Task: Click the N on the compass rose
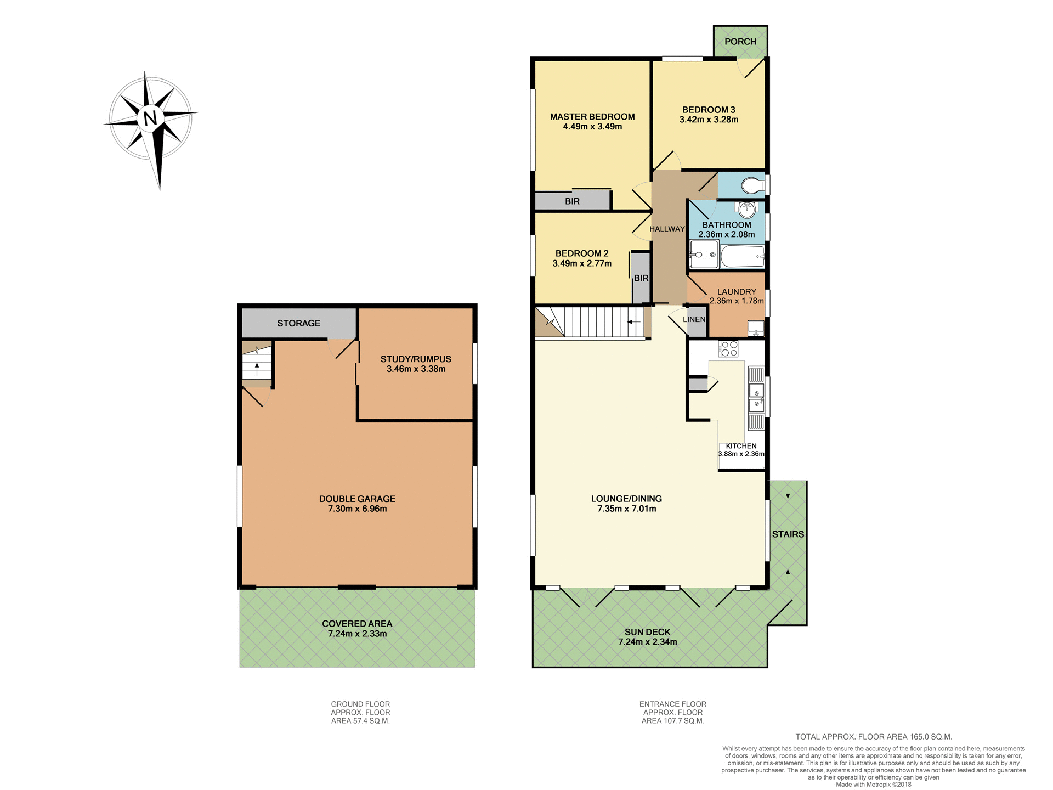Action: click(x=150, y=117)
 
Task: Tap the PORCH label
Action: click(x=740, y=42)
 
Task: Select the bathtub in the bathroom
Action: click(x=742, y=256)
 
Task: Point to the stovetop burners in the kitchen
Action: click(x=728, y=349)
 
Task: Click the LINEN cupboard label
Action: click(x=694, y=319)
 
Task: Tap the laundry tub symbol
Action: click(x=756, y=329)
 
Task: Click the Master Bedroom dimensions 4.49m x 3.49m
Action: click(x=592, y=127)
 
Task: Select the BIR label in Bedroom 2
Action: click(x=641, y=278)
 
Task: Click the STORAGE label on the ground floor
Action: click(x=298, y=323)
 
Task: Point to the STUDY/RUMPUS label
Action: click(x=416, y=359)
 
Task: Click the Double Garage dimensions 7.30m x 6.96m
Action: click(x=357, y=509)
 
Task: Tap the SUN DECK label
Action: click(x=647, y=632)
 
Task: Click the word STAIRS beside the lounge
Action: click(x=788, y=534)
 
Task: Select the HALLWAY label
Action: click(x=667, y=229)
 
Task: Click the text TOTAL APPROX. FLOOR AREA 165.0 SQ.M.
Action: click(x=873, y=737)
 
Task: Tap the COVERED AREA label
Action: click(x=357, y=624)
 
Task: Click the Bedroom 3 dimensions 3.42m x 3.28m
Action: click(x=709, y=120)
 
